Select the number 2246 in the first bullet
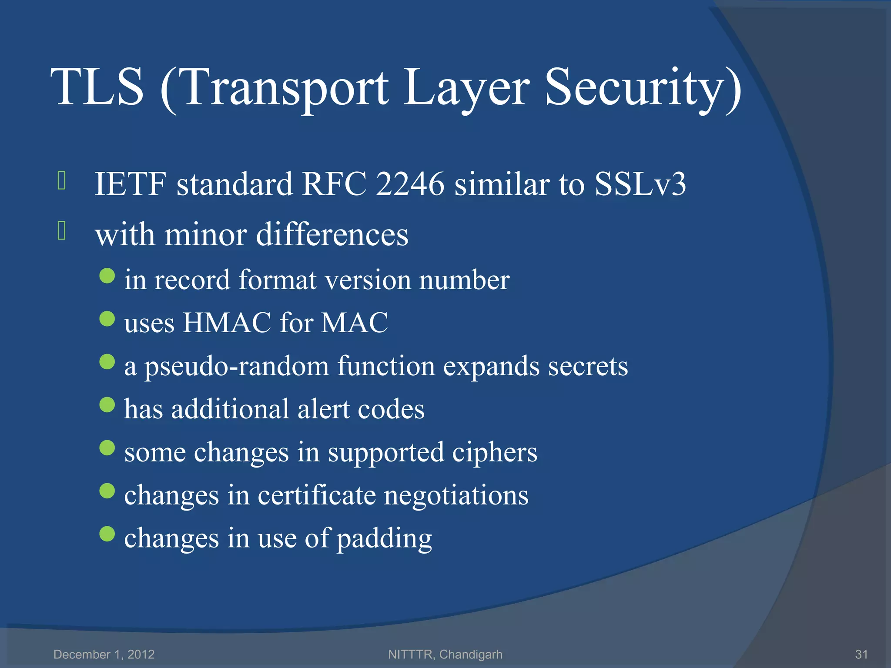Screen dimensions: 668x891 tap(410, 184)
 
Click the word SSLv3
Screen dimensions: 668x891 tap(640, 184)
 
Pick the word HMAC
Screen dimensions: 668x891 tap(227, 323)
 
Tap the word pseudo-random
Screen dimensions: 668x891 tap(237, 366)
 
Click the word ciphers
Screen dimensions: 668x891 tap(495, 452)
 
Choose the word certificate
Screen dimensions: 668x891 tap(316, 495)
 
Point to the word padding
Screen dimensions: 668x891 tap(385, 538)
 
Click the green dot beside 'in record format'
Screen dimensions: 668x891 tap(107, 276)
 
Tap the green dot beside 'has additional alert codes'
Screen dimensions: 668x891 tap(107, 405)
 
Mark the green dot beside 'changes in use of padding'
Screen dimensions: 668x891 tap(107, 534)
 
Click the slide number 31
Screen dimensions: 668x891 tap(861, 654)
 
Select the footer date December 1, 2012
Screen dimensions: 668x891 tap(104, 654)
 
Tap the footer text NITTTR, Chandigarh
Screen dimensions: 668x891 tap(445, 654)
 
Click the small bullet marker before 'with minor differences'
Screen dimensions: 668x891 tap(61, 231)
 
